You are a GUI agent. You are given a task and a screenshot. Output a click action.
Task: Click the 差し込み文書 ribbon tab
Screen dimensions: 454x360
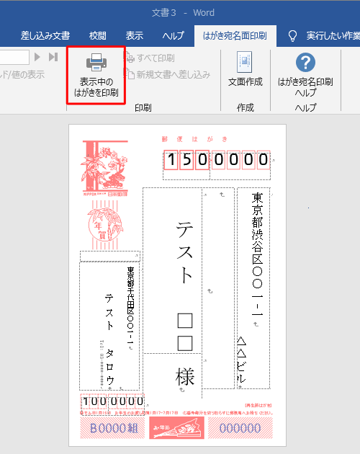point(45,35)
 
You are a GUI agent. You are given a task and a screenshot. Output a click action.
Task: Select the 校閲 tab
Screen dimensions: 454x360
point(97,35)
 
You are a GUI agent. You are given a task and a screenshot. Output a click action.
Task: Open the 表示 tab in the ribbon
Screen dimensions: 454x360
point(135,35)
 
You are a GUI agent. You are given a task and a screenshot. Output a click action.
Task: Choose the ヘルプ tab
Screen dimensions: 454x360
point(173,35)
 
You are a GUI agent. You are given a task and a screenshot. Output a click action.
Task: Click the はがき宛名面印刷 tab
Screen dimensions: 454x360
point(235,35)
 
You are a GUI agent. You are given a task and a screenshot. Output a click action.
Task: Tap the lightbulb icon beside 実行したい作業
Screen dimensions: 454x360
point(292,35)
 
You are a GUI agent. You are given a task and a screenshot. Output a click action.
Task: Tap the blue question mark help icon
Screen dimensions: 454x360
point(305,62)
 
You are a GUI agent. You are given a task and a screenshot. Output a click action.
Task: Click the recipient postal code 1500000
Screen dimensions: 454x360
point(217,160)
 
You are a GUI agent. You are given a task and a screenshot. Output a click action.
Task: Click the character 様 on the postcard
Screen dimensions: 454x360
point(185,376)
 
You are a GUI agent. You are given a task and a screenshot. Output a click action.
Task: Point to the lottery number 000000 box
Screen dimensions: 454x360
point(240,427)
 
